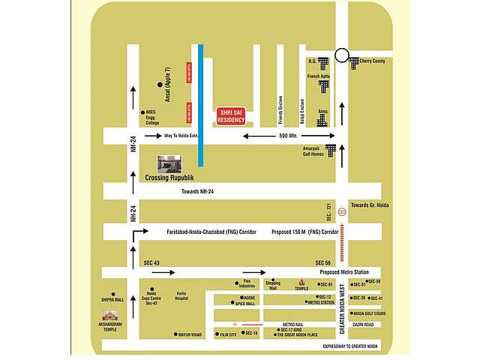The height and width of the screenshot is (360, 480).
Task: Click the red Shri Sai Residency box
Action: coord(230,114)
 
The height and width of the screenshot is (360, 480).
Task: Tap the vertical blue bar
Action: coord(201,105)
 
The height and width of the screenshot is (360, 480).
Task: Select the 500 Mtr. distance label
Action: coord(289,136)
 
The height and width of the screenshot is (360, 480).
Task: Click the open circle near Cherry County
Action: coord(342,55)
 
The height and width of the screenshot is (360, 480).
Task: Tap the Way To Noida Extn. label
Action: coord(181,136)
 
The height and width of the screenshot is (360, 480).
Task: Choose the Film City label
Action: coord(226,334)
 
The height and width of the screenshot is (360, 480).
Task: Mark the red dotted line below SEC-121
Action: coord(343,239)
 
